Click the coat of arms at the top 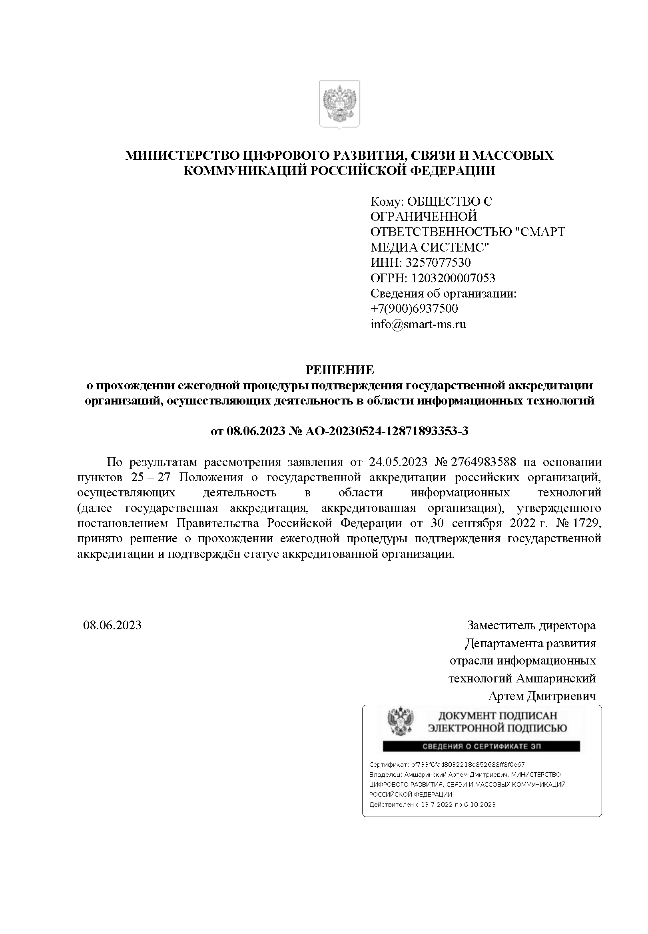339,105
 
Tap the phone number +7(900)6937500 414,309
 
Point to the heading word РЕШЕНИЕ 339,370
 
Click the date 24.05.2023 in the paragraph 398,462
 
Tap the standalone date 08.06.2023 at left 112,625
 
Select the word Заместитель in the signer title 501,625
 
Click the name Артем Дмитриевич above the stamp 542,696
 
